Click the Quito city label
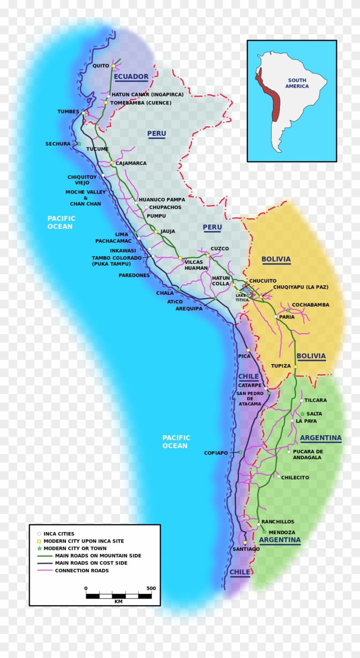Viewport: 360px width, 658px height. coord(101,66)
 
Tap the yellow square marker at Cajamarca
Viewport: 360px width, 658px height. coord(111,163)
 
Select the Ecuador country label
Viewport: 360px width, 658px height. coord(131,77)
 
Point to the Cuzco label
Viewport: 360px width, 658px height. coord(219,248)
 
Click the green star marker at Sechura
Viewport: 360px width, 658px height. coord(79,144)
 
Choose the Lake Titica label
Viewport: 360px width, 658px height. coord(242,297)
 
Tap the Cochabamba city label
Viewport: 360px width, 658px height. coord(310,305)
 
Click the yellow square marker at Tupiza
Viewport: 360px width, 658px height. coord(295,366)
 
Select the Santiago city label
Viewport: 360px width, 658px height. coord(246,549)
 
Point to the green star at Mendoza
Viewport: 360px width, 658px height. coord(264,532)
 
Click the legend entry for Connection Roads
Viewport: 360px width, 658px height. coord(81,571)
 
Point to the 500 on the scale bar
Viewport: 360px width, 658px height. coord(151,588)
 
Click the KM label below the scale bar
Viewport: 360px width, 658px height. coord(119,601)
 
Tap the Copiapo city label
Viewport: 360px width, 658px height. coord(216,453)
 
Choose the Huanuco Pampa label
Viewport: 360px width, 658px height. coord(162,200)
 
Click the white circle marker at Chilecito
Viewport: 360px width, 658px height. coord(279,476)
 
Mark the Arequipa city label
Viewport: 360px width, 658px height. coord(189,308)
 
